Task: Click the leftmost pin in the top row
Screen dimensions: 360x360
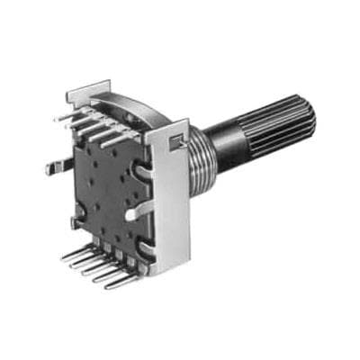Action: pyautogui.click(x=65, y=116)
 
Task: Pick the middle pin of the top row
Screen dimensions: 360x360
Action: pyautogui.click(x=90, y=125)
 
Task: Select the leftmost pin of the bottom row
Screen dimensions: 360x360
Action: pyautogui.click(x=72, y=256)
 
